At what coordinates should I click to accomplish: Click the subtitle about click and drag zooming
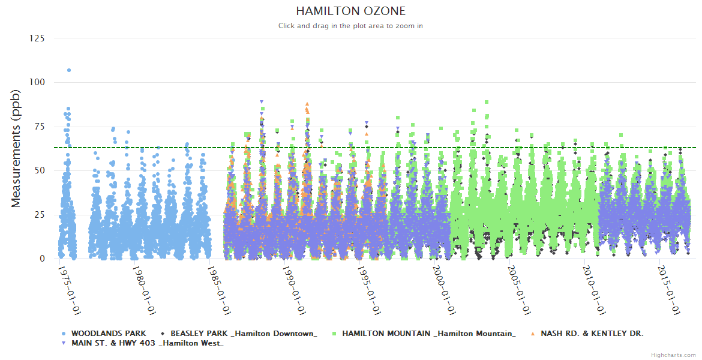(x=350, y=26)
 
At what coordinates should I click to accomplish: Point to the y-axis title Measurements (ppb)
(x=16, y=148)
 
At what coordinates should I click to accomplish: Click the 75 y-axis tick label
(x=39, y=127)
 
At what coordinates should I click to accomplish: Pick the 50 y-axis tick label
(x=39, y=170)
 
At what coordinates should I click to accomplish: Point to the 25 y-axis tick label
(x=39, y=215)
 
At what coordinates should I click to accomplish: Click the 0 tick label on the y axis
(x=41, y=259)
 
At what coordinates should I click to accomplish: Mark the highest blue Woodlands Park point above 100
(x=69, y=70)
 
